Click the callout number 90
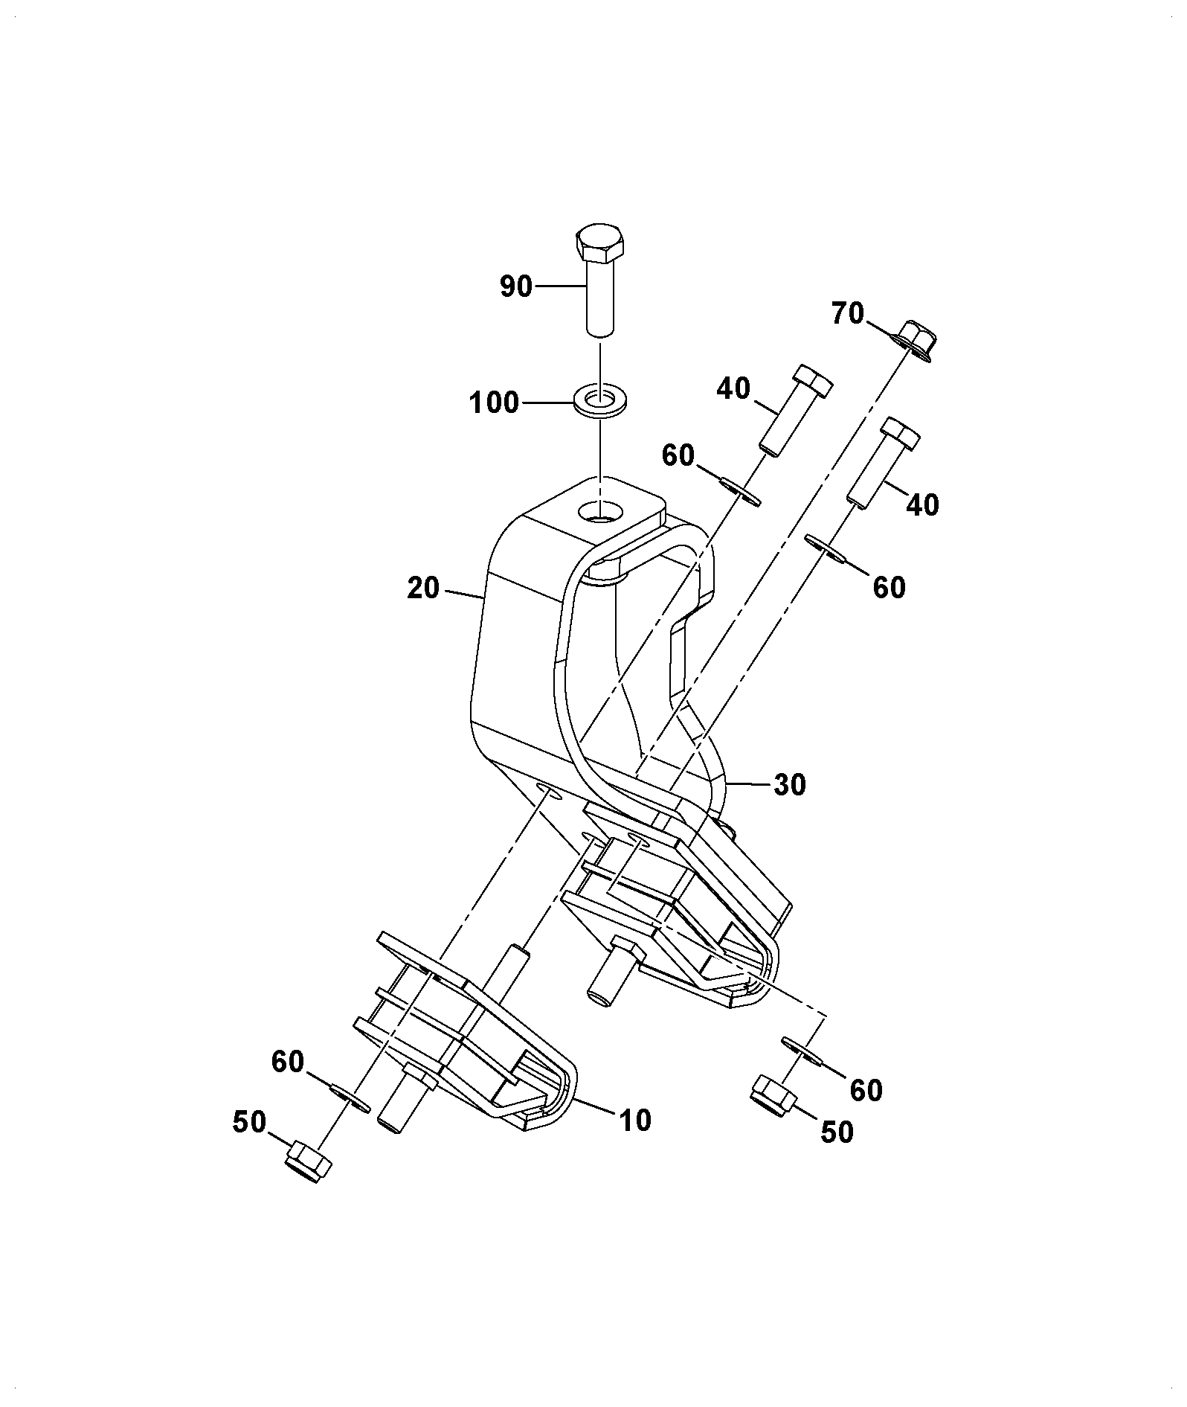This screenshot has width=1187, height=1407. (x=516, y=286)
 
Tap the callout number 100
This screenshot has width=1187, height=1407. (x=493, y=403)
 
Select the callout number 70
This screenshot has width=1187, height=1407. (x=847, y=314)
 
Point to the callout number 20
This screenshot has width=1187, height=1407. (x=424, y=589)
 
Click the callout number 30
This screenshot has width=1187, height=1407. (x=789, y=784)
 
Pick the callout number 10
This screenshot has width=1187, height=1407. (x=634, y=1120)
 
